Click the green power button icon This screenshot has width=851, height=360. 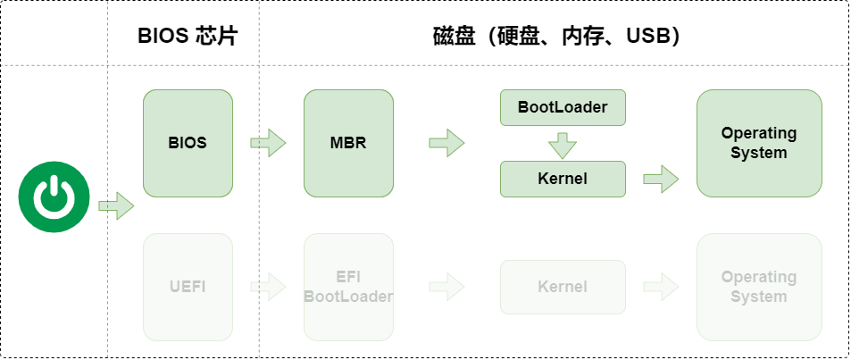(x=54, y=197)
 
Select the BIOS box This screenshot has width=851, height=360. (x=188, y=143)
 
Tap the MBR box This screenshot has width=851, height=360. (x=348, y=143)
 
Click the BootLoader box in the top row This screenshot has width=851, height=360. (x=563, y=107)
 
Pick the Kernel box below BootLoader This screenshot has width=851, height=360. (x=563, y=179)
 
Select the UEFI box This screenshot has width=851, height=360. (x=188, y=287)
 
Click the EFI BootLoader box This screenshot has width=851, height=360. (x=348, y=287)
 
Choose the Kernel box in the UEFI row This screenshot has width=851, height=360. (x=563, y=287)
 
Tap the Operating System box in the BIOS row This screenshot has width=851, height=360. (x=759, y=143)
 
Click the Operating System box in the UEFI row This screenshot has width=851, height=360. (x=759, y=287)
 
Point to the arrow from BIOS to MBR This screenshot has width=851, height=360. (x=268, y=143)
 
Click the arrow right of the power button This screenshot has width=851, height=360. (x=116, y=205)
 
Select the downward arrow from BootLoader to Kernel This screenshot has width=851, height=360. (x=563, y=145)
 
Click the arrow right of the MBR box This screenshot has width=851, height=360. (x=446, y=143)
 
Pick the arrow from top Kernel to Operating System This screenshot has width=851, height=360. (x=661, y=179)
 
